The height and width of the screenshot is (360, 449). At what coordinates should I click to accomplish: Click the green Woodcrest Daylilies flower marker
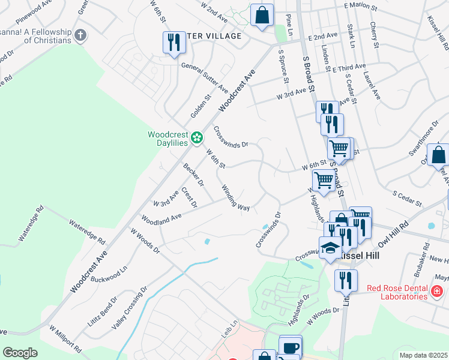click(x=196, y=139)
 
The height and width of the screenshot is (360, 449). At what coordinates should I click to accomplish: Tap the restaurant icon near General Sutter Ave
click(x=172, y=43)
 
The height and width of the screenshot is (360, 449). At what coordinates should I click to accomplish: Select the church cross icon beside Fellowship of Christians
click(x=80, y=35)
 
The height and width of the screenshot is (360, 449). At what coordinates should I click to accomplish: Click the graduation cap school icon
click(x=330, y=248)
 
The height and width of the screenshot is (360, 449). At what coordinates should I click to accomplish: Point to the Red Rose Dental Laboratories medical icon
click(x=438, y=292)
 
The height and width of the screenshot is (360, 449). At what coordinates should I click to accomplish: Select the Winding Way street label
click(x=236, y=198)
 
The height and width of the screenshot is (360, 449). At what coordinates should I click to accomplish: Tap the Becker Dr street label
click(x=194, y=175)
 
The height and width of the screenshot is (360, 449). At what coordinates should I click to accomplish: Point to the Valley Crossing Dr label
click(x=130, y=308)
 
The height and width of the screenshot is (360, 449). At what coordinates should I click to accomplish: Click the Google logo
click(x=20, y=353)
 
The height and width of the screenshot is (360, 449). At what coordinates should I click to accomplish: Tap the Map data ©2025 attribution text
click(x=424, y=355)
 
